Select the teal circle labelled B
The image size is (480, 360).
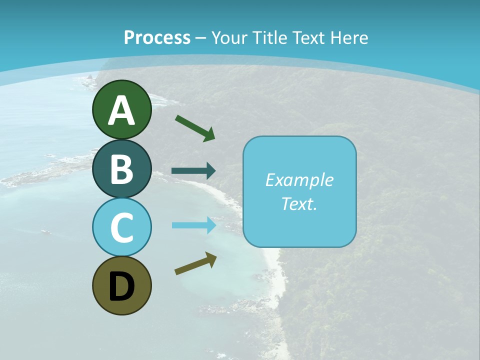[121, 168]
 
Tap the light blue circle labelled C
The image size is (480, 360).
[121, 227]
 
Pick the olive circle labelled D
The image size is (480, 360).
[121, 285]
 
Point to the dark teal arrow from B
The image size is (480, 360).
[193, 171]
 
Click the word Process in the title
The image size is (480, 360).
[157, 37]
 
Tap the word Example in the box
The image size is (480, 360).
[299, 180]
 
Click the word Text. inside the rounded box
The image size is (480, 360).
[299, 203]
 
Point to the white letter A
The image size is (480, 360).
[121, 110]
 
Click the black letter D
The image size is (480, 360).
[121, 286]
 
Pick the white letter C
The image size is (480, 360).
[121, 228]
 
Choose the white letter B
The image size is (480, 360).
[121, 169]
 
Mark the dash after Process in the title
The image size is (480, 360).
[201, 38]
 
